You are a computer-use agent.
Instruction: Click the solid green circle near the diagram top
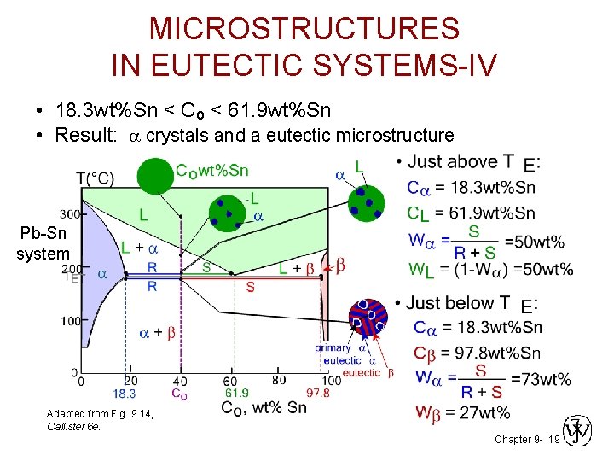[154, 177]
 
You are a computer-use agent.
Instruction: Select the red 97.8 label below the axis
[318, 393]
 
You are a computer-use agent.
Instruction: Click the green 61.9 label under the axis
[235, 393]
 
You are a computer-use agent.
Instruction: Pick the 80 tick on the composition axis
[278, 380]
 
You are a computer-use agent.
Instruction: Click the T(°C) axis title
[95, 178]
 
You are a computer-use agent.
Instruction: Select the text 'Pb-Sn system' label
[43, 242]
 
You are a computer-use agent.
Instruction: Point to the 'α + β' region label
[157, 333]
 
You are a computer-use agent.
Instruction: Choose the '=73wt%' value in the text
[542, 378]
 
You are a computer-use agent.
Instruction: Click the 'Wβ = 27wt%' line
[462, 413]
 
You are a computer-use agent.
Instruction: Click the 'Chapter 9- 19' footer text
[526, 439]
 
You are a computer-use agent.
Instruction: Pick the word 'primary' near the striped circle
[333, 348]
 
